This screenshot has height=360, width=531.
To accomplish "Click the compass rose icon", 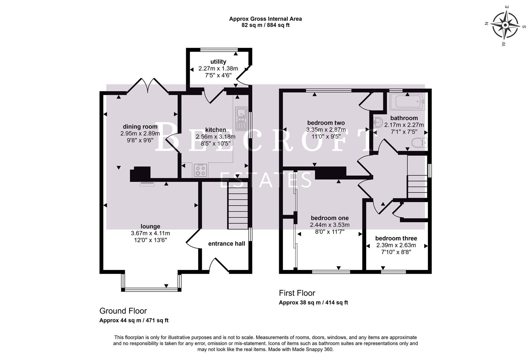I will point(506,25).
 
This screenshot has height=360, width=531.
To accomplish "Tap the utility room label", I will point(218,62).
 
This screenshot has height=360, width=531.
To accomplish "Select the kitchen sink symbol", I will point(240,119).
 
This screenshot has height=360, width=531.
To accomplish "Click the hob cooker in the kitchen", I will point(200,171).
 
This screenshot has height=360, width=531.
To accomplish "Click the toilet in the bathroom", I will point(420,143).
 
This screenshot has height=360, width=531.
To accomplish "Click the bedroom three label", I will point(396,238).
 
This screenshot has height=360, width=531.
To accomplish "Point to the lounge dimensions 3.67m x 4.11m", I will point(150,233).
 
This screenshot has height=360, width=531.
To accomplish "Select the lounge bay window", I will point(151,289).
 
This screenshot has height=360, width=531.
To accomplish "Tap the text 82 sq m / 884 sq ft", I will point(265,25).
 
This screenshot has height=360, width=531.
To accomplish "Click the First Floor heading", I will point(297,293).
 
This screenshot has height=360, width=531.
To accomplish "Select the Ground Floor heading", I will point(123,311).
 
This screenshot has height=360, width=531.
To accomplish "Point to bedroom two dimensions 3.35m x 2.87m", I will point(326,129).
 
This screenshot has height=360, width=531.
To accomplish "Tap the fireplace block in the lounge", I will point(140,174).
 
